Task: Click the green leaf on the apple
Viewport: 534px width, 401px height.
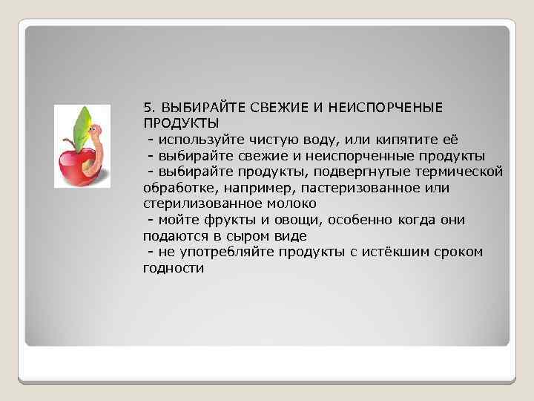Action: [x=82, y=126]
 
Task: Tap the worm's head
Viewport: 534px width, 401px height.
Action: [x=97, y=134]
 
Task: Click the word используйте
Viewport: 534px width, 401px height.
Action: [x=194, y=139]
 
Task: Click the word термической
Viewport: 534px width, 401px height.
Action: [x=459, y=172]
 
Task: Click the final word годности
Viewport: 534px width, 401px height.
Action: [x=172, y=268]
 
